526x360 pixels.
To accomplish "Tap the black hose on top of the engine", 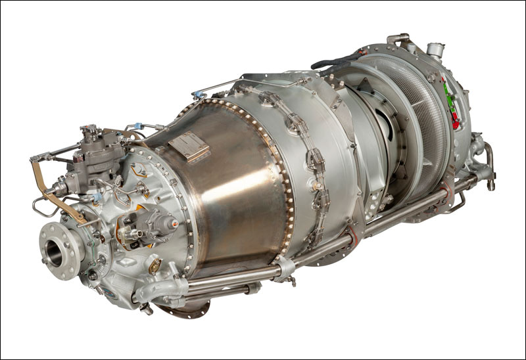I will coord(335,61).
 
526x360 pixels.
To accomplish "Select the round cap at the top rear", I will coord(434,49).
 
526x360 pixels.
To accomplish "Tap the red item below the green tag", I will coord(454,120).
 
